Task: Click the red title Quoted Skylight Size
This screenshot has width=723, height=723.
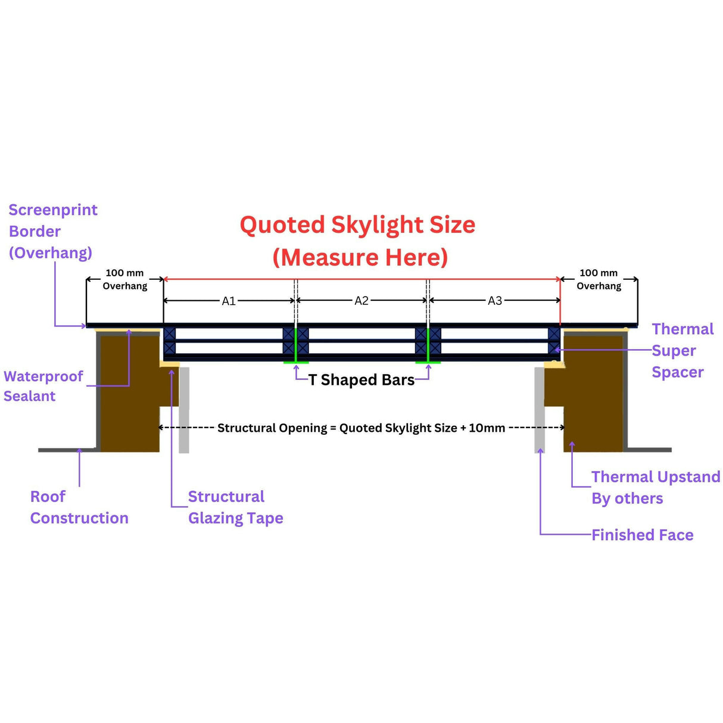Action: (357, 225)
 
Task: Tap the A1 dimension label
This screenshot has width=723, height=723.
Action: (229, 301)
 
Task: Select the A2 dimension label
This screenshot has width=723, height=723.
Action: (361, 301)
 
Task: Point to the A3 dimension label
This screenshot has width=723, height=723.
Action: (495, 301)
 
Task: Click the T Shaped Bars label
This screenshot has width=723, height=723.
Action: (361, 380)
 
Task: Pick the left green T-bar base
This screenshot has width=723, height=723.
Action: (296, 361)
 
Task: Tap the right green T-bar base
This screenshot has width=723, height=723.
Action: (428, 361)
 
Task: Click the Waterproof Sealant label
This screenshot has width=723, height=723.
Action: (43, 386)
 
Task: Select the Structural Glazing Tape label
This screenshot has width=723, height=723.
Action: (235, 507)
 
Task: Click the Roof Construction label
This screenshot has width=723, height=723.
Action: (79, 507)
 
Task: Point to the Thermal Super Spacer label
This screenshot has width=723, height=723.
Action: (682, 351)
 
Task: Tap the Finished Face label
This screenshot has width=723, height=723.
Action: (642, 535)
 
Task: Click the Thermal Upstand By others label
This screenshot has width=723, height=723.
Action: (655, 487)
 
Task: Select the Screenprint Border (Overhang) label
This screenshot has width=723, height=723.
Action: (52, 231)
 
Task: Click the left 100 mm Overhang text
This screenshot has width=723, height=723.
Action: (124, 279)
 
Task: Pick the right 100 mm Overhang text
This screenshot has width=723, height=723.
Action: (599, 279)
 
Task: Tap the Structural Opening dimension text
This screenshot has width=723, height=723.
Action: (361, 428)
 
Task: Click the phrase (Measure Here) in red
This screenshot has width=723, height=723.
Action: (360, 257)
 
